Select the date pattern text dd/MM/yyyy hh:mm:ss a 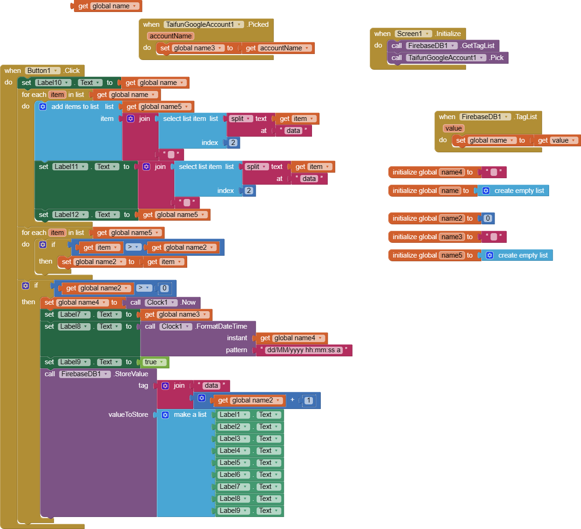pyautogui.click(x=304, y=350)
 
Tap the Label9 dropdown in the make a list pyautogui.click(x=233, y=511)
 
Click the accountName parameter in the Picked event pyautogui.click(x=171, y=36)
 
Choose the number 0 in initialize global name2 pyautogui.click(x=488, y=218)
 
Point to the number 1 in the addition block pyautogui.click(x=309, y=400)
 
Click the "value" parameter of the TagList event pyautogui.click(x=453, y=128)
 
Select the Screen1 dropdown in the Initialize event pyautogui.click(x=413, y=34)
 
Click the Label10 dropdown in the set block pyautogui.click(x=53, y=83)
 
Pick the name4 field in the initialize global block pyautogui.click(x=452, y=172)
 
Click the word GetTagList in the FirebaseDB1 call pyautogui.click(x=478, y=46)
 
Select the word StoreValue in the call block pyautogui.click(x=131, y=374)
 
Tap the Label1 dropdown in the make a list pyautogui.click(x=233, y=415)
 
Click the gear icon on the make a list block pyautogui.click(x=165, y=415)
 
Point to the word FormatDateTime pyautogui.click(x=222, y=326)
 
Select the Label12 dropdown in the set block pyautogui.click(x=70, y=215)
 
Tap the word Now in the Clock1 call pyautogui.click(x=188, y=302)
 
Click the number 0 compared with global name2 pyautogui.click(x=164, y=288)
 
